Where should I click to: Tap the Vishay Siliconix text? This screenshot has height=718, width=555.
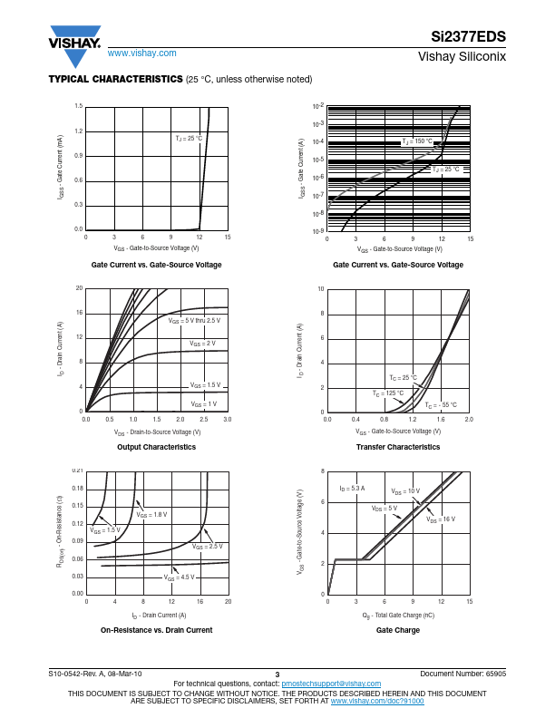[462, 56]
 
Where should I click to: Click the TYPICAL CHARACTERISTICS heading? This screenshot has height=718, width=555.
[115, 80]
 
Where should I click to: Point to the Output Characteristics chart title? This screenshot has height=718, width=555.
[157, 447]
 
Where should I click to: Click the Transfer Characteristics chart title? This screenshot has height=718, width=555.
[398, 447]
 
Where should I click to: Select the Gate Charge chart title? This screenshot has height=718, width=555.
[398, 630]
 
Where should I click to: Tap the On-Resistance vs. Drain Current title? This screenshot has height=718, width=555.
[157, 630]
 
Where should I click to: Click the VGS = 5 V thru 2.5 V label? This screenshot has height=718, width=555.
[194, 321]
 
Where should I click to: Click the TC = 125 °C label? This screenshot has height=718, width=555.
[388, 393]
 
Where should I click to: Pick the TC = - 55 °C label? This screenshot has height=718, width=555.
[442, 405]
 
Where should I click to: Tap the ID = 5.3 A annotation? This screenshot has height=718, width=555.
[352, 489]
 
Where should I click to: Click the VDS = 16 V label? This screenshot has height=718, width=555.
[441, 519]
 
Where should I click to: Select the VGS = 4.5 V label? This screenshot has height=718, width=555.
[180, 577]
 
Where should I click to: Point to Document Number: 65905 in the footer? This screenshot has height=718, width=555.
[463, 675]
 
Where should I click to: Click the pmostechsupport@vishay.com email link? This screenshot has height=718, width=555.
[331, 684]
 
